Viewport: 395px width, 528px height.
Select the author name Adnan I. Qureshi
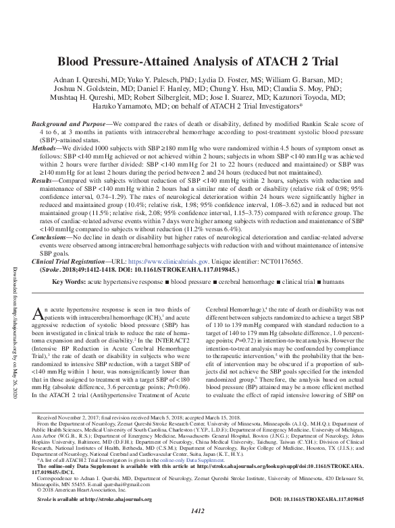click(92, 79)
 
